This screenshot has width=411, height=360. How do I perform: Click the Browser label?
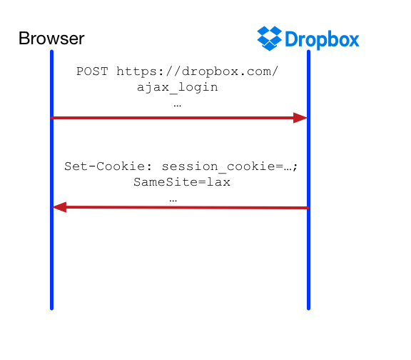(x=51, y=39)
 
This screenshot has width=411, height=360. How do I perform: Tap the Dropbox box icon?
(x=270, y=39)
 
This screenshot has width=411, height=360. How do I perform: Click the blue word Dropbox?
(x=322, y=39)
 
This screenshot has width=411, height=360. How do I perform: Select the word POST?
(x=92, y=71)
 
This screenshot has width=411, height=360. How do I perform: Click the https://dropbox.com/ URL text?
(x=197, y=71)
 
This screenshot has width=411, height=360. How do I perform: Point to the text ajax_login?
(x=177, y=87)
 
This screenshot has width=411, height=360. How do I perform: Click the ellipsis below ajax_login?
(x=177, y=106)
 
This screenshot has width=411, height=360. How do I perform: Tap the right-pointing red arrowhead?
(x=300, y=118)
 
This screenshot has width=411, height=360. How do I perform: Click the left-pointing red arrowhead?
(x=59, y=207)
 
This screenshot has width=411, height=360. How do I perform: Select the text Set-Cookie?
(x=108, y=166)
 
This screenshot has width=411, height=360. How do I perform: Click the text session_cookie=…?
(x=230, y=167)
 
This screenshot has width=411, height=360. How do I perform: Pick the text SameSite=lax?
(x=182, y=182)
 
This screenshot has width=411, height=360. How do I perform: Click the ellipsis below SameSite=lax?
(x=173, y=201)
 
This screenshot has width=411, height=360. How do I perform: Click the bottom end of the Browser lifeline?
(x=51, y=309)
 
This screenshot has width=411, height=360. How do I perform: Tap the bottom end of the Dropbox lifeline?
(x=308, y=309)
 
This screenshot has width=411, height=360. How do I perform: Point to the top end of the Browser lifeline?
(x=51, y=51)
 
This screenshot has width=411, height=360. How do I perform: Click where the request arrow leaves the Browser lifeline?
(x=51, y=118)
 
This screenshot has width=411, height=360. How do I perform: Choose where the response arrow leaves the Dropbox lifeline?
(x=308, y=208)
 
